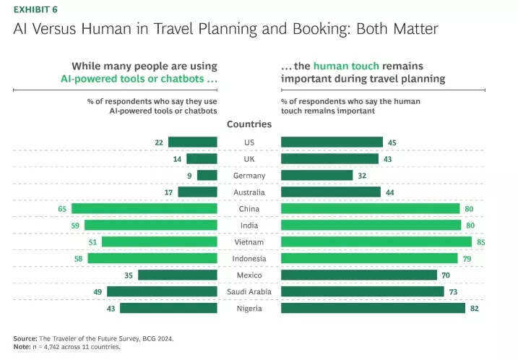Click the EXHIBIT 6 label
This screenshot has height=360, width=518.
(36, 9)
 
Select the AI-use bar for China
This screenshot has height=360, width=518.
(144, 209)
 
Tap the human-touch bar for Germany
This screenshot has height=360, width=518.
(316, 176)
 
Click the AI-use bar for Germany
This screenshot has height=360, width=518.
(207, 176)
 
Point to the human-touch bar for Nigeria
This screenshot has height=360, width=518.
(373, 309)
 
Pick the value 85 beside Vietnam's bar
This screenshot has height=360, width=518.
(478, 242)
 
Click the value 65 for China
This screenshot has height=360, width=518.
(63, 209)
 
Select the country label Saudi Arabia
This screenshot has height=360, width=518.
(249, 292)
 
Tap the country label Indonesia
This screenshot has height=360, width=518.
(249, 259)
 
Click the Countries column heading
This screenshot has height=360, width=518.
(249, 124)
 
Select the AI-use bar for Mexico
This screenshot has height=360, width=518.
(178, 275)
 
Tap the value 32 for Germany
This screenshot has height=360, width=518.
(362, 176)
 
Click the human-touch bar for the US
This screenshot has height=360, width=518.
(332, 142)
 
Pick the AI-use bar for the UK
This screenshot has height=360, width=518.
(202, 159)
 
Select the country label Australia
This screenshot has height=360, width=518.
(249, 192)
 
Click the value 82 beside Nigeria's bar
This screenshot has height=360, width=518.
(475, 309)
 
